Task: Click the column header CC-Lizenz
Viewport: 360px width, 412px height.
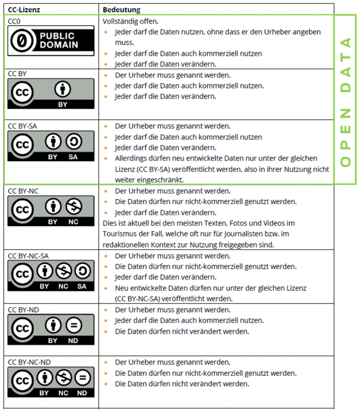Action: point(23,9)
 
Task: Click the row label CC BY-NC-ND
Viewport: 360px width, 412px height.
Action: point(30,362)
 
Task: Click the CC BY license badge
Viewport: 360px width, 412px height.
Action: point(51,93)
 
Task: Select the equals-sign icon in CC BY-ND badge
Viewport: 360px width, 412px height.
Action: point(73,325)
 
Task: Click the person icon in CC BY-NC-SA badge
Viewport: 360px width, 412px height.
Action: point(45,271)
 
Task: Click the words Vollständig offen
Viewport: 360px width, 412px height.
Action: point(130,21)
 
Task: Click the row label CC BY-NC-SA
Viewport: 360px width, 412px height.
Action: point(29,256)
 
